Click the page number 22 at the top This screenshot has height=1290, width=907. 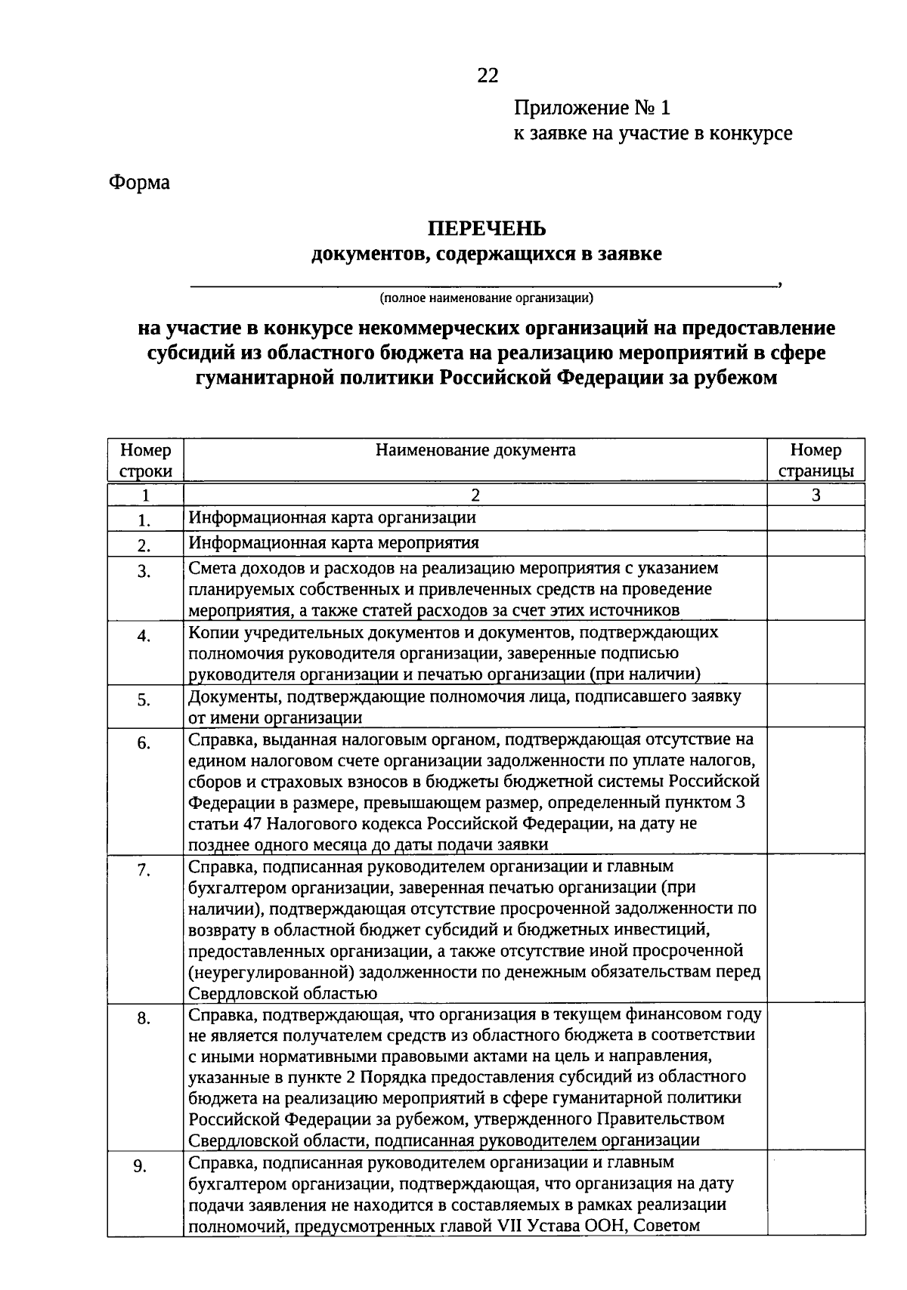coord(488,76)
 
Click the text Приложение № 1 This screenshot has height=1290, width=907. coord(592,108)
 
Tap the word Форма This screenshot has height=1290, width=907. coord(140,183)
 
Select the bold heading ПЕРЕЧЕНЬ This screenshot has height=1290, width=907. coord(487,228)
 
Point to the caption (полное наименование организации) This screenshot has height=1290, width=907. coord(487,298)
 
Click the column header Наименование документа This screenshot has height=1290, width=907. coord(475,451)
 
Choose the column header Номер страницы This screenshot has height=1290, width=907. coord(816,461)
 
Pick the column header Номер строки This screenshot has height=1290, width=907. coord(146,461)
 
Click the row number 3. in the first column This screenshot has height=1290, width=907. coord(144,572)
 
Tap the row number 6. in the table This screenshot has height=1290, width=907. coord(144,743)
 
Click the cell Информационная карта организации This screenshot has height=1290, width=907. coord(333,517)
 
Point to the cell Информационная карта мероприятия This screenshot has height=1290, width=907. coord(333,542)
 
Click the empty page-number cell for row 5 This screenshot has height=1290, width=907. coord(816,705)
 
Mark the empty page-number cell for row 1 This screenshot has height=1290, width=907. coord(816,518)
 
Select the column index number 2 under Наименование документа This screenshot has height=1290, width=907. coord(475,495)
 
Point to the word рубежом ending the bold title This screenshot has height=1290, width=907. coord(735,377)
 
